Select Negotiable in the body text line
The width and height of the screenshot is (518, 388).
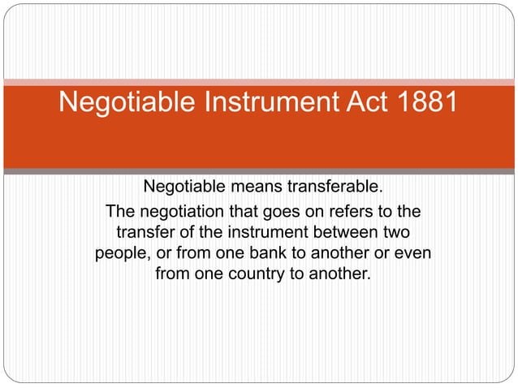185,189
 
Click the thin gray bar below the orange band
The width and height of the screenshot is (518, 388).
259,172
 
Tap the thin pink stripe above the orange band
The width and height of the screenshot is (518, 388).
259,81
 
